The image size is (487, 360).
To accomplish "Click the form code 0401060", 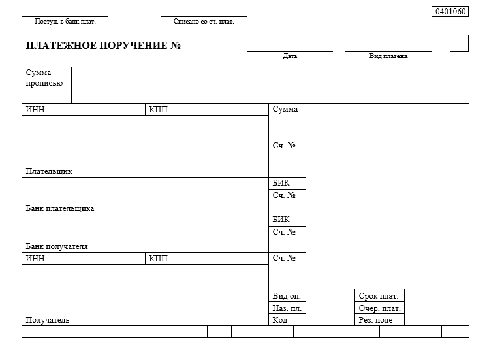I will (450, 12).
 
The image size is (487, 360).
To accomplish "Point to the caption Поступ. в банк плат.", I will (65, 22).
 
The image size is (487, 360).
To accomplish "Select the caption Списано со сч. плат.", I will (204, 22).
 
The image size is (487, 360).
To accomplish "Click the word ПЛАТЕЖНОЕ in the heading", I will (62, 46).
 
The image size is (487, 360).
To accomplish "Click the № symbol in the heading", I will (176, 46).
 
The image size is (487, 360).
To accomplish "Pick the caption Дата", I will (290, 56).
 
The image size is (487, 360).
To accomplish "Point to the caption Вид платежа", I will (388, 56).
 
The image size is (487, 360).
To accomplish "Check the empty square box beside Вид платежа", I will (459, 43).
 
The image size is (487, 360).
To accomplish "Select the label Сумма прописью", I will (44, 78).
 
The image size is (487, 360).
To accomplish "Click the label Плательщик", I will (49, 171).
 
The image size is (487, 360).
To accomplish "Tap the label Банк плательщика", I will (60, 208).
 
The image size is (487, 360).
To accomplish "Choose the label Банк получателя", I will (57, 246).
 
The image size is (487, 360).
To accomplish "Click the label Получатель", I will (48, 320).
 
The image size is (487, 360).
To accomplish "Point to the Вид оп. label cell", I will (287, 296).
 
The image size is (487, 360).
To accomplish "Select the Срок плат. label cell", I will (379, 296).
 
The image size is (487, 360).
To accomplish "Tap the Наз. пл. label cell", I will (287, 308).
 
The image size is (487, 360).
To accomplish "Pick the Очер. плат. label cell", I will (379, 308).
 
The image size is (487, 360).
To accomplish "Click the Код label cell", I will (287, 320).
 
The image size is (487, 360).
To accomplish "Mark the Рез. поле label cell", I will (379, 320).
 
